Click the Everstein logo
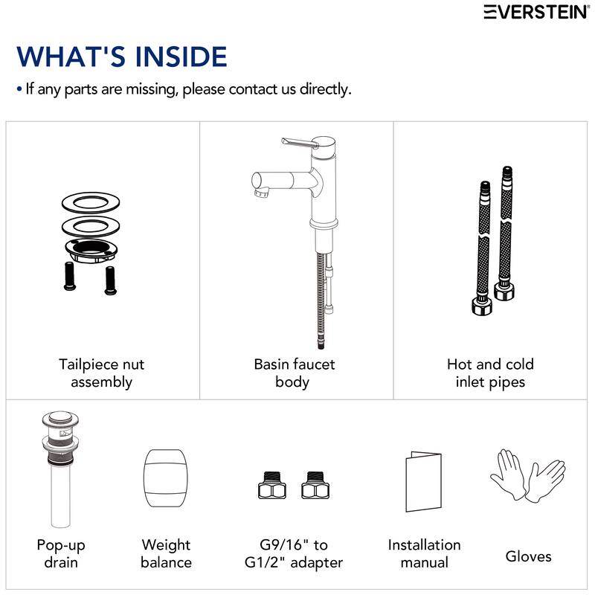coord(536,12)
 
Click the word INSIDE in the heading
coord(181,57)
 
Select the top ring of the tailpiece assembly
coord(91,202)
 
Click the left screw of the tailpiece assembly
coord(70,276)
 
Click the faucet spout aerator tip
coord(262,193)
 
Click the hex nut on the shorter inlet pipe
coord(482,306)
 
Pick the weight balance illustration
coord(165,477)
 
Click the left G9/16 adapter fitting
coord(271,486)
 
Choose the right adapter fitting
coord(315,486)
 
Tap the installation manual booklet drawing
coord(423,481)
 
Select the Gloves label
coord(528,556)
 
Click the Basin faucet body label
coord(294,373)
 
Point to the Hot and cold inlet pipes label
coord(490,373)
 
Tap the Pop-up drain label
coord(61,553)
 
